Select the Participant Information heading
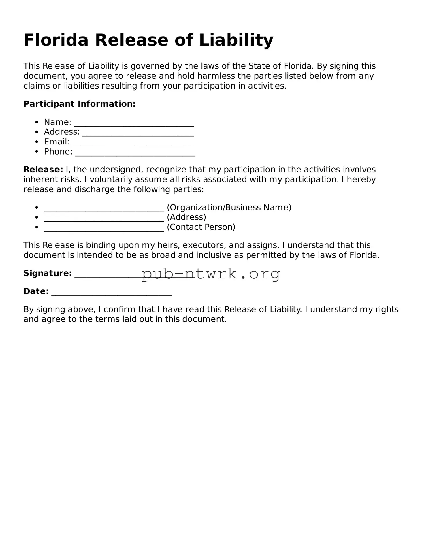click(79, 104)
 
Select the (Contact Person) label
click(201, 227)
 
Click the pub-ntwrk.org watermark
click(211, 274)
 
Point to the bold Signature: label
click(48, 273)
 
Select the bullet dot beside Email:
click(36, 142)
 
